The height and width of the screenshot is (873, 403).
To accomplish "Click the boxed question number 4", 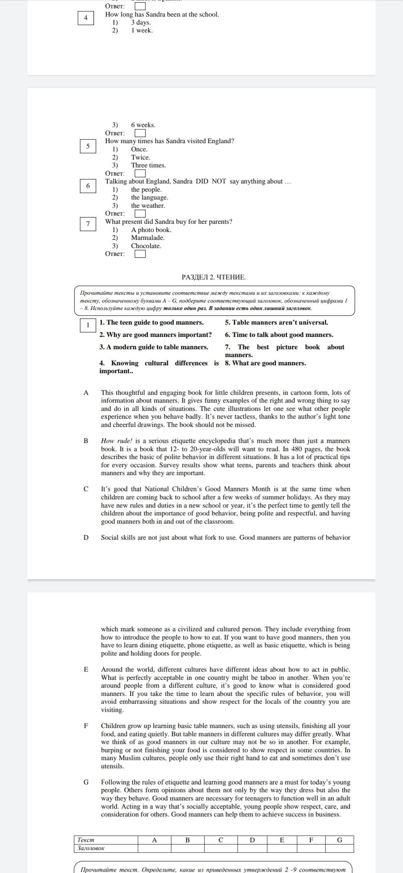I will click(x=86, y=18).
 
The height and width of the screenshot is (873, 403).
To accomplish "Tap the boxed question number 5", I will click(x=88, y=146).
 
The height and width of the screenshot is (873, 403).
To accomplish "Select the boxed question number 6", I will click(x=88, y=186).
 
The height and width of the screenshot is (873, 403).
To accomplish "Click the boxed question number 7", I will click(x=88, y=224).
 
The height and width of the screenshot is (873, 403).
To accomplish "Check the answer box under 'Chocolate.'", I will click(x=140, y=254).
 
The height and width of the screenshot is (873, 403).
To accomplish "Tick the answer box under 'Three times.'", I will click(x=140, y=173).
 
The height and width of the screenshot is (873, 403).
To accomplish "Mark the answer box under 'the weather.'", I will click(x=140, y=214).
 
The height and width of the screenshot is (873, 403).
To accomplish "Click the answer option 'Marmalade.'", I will click(x=147, y=238).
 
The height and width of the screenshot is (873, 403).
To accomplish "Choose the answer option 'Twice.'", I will click(x=140, y=157).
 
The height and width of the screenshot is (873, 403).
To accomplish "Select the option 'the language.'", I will click(x=149, y=197).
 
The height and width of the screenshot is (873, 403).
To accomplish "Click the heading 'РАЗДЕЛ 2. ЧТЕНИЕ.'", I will click(x=213, y=277).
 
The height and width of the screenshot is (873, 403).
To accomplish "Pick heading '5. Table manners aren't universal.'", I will click(x=276, y=322).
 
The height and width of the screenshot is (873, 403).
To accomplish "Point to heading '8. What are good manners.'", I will click(x=265, y=363).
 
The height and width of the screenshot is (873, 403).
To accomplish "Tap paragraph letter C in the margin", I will click(x=86, y=489).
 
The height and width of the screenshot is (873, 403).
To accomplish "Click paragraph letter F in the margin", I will click(x=86, y=726).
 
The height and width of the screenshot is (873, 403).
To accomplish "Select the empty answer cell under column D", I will click(x=252, y=848).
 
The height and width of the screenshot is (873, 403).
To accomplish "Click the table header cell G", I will click(x=339, y=840).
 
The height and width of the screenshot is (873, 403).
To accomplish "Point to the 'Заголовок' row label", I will click(x=91, y=848).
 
